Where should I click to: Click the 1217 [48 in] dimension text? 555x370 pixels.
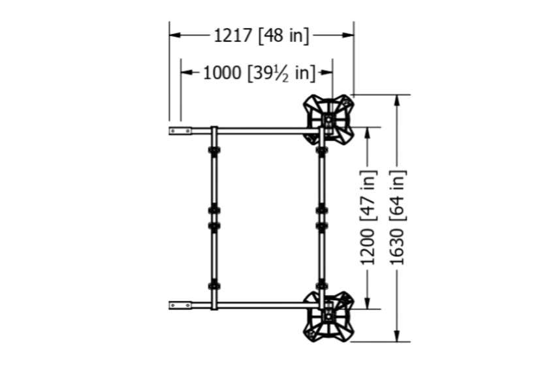point(261,36)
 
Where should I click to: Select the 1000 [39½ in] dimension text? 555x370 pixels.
point(259,73)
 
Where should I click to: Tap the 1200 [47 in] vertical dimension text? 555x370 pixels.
point(368,217)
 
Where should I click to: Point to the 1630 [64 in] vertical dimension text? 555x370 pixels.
point(397,217)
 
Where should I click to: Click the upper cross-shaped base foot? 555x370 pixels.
point(329,119)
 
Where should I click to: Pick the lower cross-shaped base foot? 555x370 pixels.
point(329,316)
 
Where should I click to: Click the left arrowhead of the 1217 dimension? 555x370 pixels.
point(175,35)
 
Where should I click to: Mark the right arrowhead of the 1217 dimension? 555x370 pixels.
point(348,35)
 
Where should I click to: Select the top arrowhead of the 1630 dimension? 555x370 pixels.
point(397,100)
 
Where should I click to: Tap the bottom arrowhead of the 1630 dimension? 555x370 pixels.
point(397,336)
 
